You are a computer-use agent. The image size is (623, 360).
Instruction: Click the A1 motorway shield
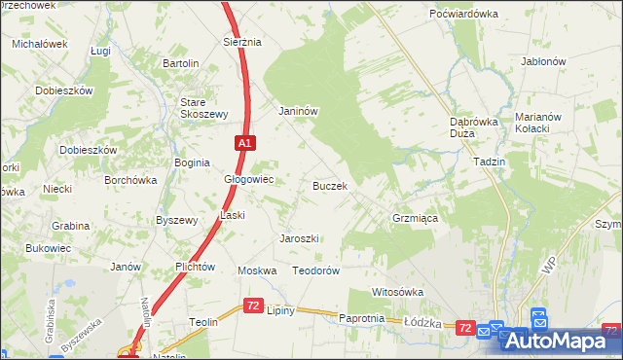[245, 143]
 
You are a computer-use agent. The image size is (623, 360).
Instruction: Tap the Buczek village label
[330, 185]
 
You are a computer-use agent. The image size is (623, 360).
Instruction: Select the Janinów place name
[299, 111]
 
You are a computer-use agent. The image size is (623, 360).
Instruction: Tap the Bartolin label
[181, 63]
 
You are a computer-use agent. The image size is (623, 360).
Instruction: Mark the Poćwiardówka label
[464, 14]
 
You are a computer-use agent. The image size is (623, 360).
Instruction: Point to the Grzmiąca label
[415, 219]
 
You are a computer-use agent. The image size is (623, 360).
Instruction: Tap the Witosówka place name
[398, 292]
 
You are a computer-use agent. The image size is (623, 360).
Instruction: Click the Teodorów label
[315, 271]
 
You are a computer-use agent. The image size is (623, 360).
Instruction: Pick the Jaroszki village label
[300, 238]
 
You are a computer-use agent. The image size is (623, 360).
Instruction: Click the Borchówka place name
[131, 180]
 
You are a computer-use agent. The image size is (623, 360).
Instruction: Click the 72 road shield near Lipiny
[253, 306]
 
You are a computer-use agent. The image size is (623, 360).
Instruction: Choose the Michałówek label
[39, 44]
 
